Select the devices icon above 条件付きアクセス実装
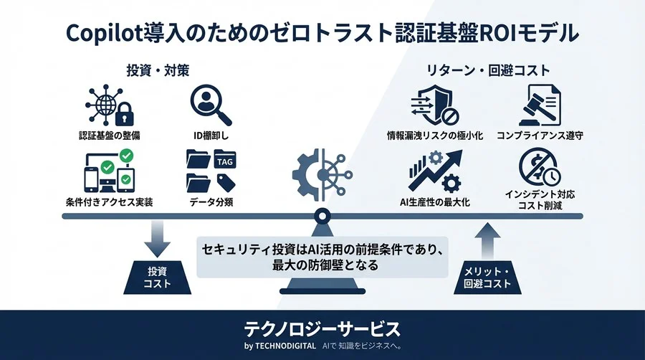(107, 171)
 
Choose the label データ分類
(211, 202)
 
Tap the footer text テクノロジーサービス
(322, 329)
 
